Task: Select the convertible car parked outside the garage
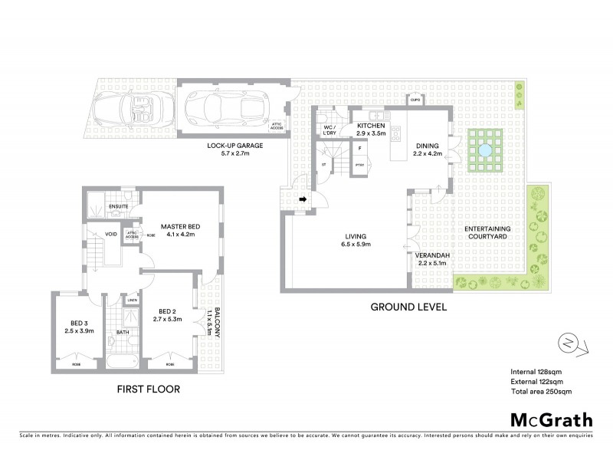(x=141, y=110)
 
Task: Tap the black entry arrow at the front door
(x=303, y=201)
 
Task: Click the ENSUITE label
(x=118, y=206)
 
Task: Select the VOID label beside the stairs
(x=111, y=235)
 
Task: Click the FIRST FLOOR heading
(x=149, y=389)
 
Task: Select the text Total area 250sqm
(x=541, y=391)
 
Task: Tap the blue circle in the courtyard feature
(x=486, y=151)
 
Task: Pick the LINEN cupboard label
(x=131, y=300)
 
